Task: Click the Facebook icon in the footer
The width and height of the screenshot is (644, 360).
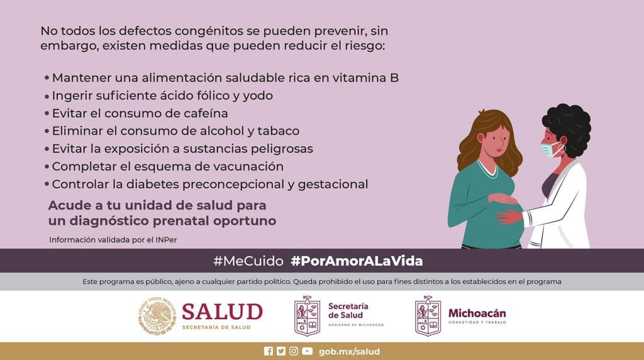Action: [268, 351]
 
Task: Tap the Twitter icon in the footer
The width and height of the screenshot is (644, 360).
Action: [281, 351]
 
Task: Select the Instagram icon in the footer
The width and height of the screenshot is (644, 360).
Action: [294, 351]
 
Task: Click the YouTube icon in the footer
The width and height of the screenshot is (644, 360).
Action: [307, 351]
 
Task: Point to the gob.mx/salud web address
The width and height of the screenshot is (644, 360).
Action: [349, 352]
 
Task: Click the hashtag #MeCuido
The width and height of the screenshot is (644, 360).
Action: [248, 261]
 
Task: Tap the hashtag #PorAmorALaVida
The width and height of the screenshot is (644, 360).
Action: [357, 261]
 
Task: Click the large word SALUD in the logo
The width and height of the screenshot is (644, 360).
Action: [222, 312]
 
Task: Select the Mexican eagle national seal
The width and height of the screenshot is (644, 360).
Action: [157, 315]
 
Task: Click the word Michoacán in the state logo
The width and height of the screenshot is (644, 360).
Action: [477, 313]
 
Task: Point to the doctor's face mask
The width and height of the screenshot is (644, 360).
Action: [550, 149]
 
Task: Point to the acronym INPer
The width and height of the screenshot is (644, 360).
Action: [166, 240]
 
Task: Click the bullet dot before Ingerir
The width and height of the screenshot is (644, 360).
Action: [47, 96]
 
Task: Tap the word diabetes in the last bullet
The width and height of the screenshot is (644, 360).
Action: [152, 184]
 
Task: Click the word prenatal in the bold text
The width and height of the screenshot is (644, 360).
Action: [186, 221]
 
